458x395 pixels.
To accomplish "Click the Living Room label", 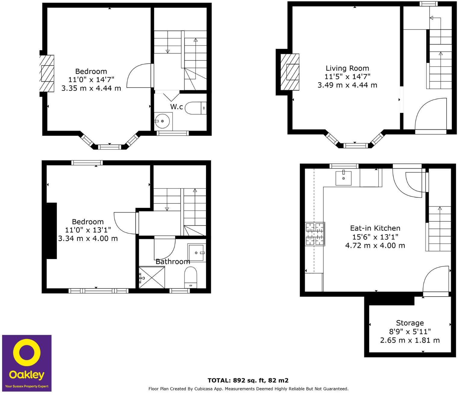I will click(347, 68).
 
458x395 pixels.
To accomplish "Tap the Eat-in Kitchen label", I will click(375, 228).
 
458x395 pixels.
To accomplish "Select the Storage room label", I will click(410, 323).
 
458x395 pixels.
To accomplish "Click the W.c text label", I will click(176, 107).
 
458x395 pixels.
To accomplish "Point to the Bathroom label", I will click(173, 262).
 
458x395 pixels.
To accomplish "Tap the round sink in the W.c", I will click(163, 121).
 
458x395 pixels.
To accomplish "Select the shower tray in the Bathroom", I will click(152, 277).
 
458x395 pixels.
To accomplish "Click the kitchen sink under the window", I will click(344, 178).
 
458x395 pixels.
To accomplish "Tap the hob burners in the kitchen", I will click(315, 234).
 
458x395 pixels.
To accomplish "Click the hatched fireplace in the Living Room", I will click(290, 72).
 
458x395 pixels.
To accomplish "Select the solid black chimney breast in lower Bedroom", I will click(51, 231).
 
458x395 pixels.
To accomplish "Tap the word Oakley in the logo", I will click(27, 375).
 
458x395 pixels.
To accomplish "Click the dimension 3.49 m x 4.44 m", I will click(347, 85).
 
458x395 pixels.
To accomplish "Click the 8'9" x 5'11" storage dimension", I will click(410, 332).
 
